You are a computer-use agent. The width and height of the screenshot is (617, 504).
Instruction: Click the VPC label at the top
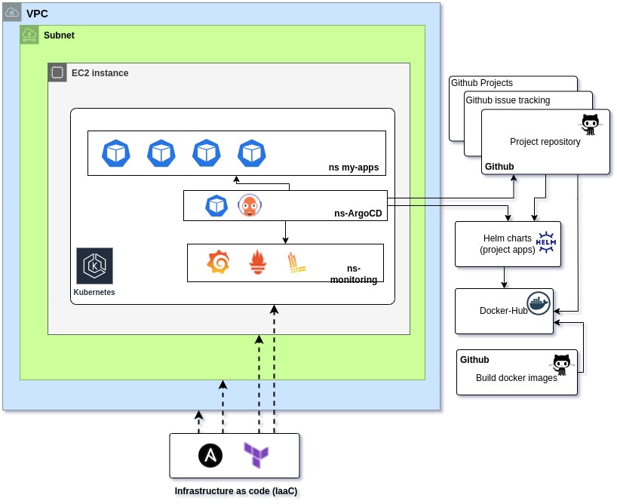click(37, 14)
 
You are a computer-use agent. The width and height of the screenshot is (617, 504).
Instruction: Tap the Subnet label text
click(59, 35)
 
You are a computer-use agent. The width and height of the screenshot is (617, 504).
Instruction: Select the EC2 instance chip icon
click(57, 73)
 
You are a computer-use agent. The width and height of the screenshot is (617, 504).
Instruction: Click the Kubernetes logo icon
click(94, 266)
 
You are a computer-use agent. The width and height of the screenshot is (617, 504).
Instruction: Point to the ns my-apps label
click(353, 167)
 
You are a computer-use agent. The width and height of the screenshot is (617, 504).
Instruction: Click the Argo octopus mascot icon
click(249, 205)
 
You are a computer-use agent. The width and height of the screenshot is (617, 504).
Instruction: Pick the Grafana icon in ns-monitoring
click(218, 262)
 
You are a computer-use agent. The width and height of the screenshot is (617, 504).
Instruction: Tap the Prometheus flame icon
click(258, 262)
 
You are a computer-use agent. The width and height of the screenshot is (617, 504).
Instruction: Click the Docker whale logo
click(539, 303)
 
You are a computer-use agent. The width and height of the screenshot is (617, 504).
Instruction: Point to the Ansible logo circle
click(210, 456)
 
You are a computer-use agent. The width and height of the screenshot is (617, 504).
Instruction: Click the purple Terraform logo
click(256, 456)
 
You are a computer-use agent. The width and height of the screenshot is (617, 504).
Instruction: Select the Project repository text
click(545, 142)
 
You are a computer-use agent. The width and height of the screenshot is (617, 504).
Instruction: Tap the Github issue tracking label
click(508, 100)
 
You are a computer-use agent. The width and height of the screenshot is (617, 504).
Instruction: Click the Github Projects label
click(482, 83)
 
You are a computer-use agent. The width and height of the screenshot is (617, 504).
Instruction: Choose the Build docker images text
click(516, 379)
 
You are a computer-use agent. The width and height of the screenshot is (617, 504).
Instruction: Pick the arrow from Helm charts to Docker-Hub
click(505, 278)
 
